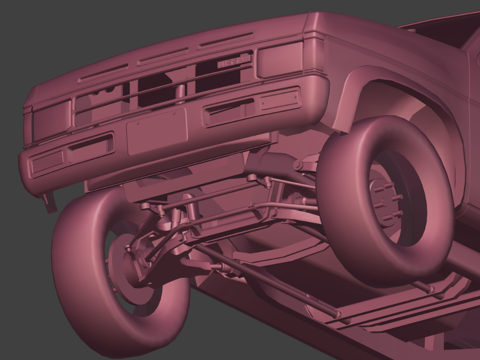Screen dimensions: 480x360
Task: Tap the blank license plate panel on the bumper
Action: tap(157, 131)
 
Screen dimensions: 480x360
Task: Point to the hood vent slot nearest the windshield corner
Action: tap(226, 40)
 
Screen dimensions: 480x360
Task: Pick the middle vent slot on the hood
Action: tap(163, 56)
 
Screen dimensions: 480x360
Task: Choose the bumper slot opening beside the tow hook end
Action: tap(91, 147)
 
